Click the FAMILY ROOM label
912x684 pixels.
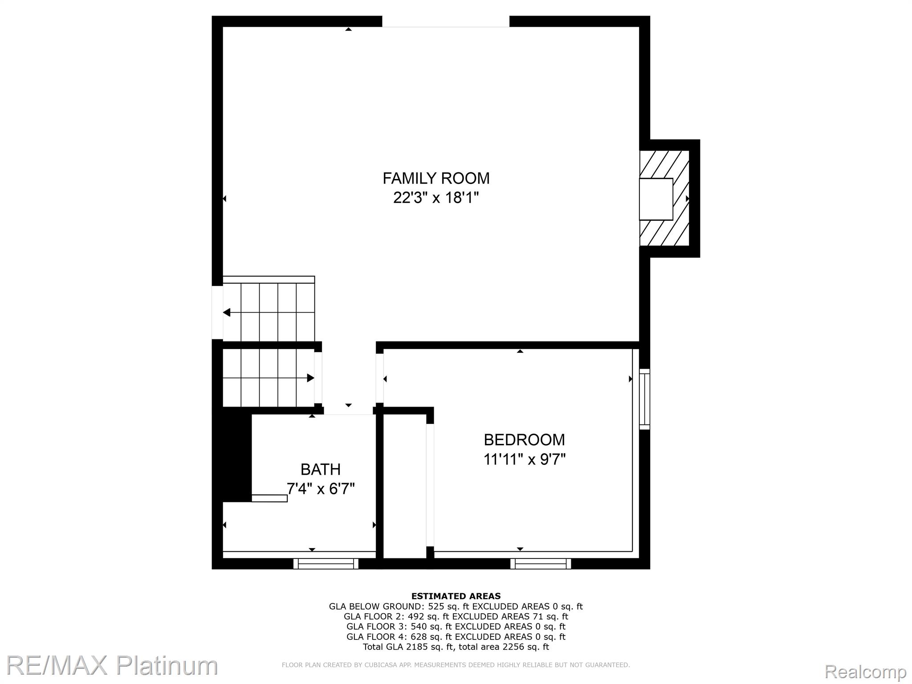point(436,178)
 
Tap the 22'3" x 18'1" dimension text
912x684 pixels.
point(436,197)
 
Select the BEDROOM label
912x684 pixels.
point(524,440)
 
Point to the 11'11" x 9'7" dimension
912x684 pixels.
point(524,459)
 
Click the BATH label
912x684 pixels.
point(321,469)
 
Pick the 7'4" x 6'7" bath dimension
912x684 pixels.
point(321,489)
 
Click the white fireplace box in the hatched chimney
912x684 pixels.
point(656,199)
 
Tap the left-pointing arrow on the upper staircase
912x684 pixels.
point(227,313)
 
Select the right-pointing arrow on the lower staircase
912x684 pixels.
point(310,378)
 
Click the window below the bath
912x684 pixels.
point(326,564)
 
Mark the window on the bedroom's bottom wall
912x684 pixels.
point(541,564)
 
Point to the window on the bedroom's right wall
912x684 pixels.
point(644,399)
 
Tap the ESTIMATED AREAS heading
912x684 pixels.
point(456,596)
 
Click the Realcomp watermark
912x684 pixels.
point(865,672)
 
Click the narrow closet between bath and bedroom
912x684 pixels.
point(404,485)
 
